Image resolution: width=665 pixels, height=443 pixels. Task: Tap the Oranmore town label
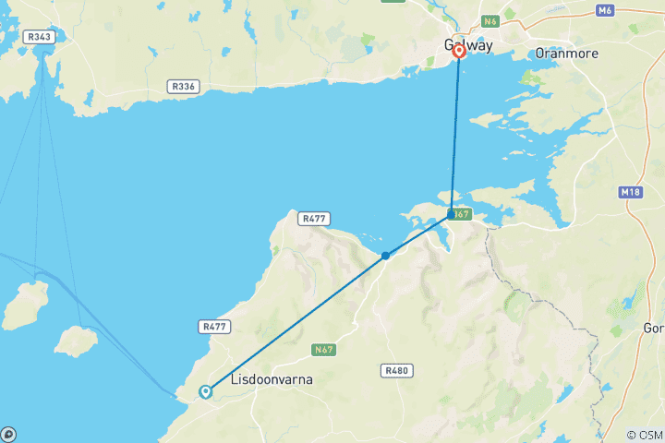(x=566, y=54)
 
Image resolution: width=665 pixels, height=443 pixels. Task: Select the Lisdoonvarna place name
(x=270, y=379)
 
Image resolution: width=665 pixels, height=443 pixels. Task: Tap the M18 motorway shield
(x=630, y=192)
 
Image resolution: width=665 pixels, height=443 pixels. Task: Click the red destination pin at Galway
(x=458, y=53)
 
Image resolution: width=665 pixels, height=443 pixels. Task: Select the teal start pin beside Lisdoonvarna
(x=205, y=391)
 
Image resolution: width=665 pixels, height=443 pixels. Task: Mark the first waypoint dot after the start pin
(x=385, y=256)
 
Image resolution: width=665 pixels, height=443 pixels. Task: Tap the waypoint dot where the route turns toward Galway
(x=451, y=214)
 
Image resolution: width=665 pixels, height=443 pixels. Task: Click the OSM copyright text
(x=644, y=435)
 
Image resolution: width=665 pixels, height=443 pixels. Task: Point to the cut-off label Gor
(x=653, y=329)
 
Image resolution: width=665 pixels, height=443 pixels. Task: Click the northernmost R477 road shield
(x=312, y=219)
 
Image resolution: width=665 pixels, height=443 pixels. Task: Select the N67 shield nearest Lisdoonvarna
(x=323, y=350)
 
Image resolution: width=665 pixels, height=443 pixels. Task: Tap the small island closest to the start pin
(x=76, y=341)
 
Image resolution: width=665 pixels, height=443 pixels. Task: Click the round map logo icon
(x=7, y=434)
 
